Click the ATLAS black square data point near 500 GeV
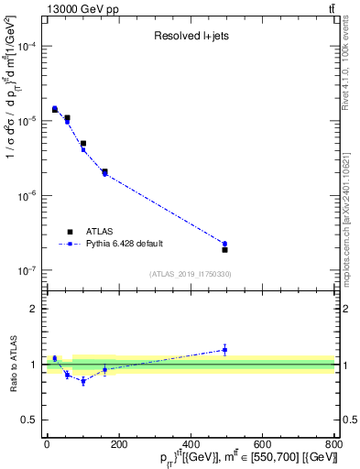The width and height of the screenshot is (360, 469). click(224, 249)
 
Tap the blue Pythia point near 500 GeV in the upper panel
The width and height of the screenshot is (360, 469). click(224, 244)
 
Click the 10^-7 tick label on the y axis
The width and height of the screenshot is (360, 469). click(27, 271)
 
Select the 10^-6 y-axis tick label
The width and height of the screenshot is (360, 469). click(27, 196)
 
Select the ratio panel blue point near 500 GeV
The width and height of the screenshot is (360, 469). click(224, 349)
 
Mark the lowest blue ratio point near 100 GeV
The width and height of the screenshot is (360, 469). click(83, 381)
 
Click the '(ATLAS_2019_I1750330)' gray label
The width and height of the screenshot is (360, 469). click(191, 274)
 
